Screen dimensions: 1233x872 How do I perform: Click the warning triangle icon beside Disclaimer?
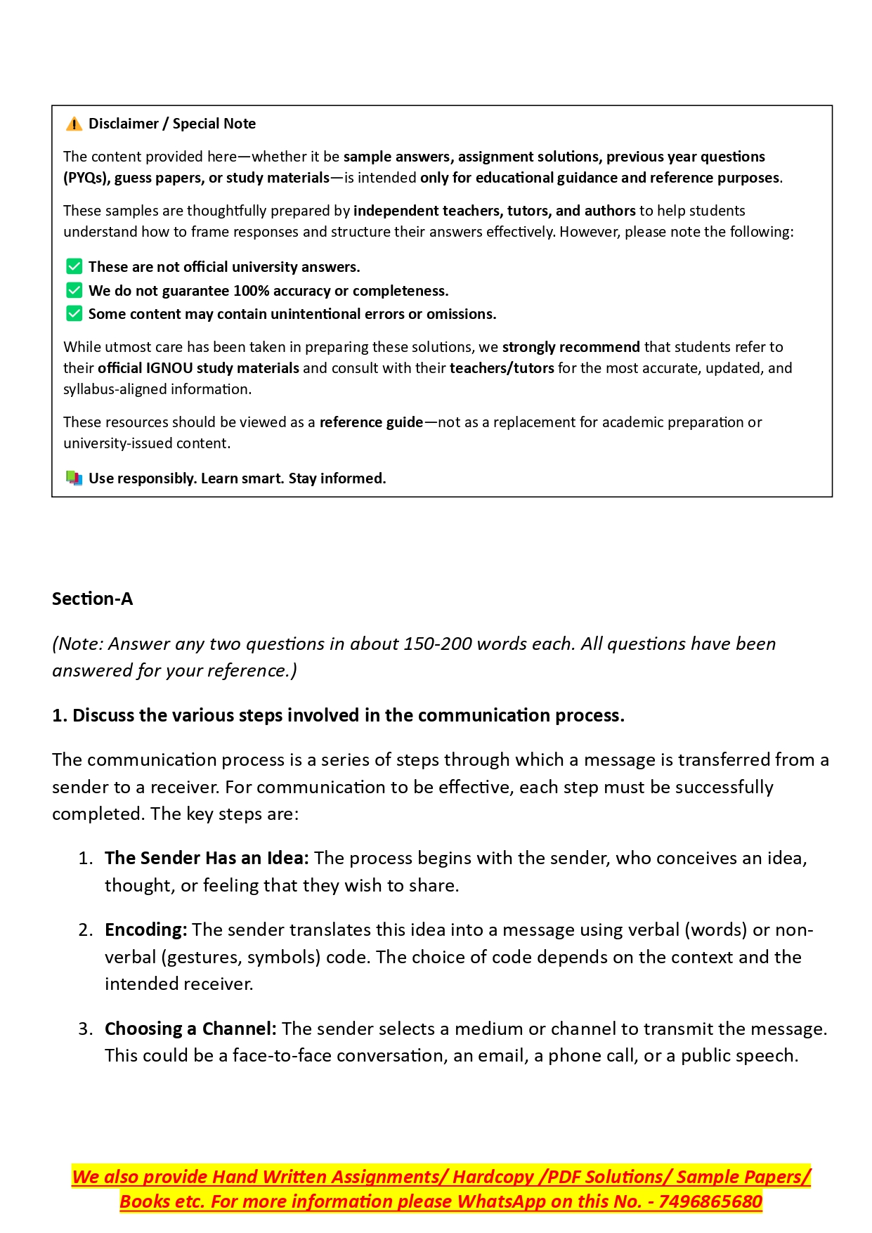(x=74, y=124)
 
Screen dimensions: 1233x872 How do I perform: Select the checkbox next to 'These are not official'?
(x=74, y=267)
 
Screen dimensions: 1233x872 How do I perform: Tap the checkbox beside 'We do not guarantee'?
(x=74, y=291)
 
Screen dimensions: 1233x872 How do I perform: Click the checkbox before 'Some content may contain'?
(x=74, y=314)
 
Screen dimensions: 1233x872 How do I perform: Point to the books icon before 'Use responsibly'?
(x=74, y=478)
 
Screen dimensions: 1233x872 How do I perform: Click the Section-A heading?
(x=92, y=599)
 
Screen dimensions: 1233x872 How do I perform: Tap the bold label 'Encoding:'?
(x=145, y=930)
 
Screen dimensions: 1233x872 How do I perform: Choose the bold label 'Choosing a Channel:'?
(x=190, y=1029)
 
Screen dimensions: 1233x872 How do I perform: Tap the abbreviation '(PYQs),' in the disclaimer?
(x=86, y=178)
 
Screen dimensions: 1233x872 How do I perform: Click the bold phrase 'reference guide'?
(x=371, y=422)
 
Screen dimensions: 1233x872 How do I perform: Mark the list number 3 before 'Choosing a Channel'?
(x=85, y=1029)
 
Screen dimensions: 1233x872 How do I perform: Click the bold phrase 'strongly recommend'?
(x=571, y=347)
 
